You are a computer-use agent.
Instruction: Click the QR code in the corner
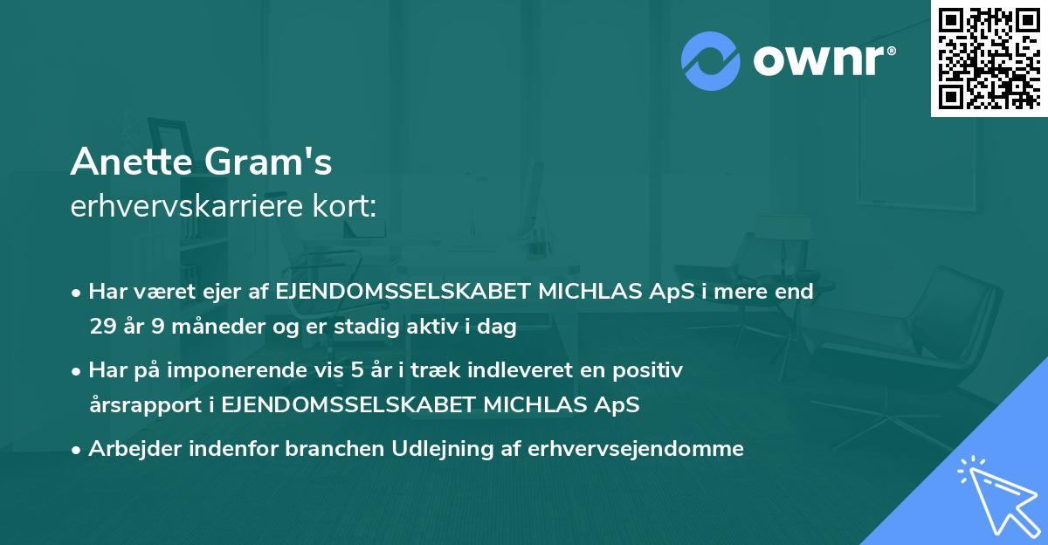(989, 58)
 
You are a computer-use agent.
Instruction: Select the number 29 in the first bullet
(101, 328)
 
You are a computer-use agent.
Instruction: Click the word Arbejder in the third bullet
(128, 449)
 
